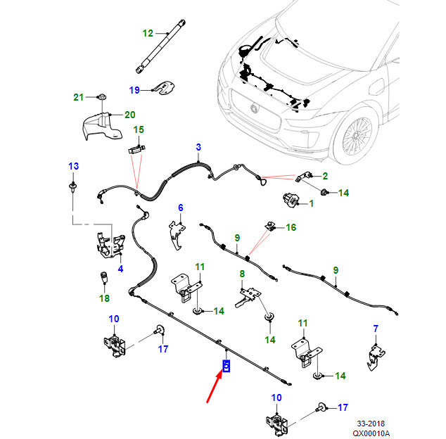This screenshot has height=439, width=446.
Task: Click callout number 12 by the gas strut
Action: tap(148, 33)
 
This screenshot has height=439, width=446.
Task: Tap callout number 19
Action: tap(134, 89)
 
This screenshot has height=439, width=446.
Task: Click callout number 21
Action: tap(79, 96)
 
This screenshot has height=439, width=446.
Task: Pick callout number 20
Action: tap(129, 115)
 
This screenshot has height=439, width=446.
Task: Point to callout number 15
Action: tap(139, 129)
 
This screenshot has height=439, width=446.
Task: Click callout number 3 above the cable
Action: tap(198, 147)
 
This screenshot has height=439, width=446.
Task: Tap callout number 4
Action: tap(120, 269)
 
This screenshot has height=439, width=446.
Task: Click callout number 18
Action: tap(104, 298)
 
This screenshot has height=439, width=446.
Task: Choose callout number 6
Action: tap(180, 208)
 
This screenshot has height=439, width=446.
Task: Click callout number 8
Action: tap(242, 274)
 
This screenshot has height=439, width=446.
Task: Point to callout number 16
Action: tap(291, 227)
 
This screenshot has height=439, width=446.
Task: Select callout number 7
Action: tap(376, 329)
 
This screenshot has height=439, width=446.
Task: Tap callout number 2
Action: tap(325, 176)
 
